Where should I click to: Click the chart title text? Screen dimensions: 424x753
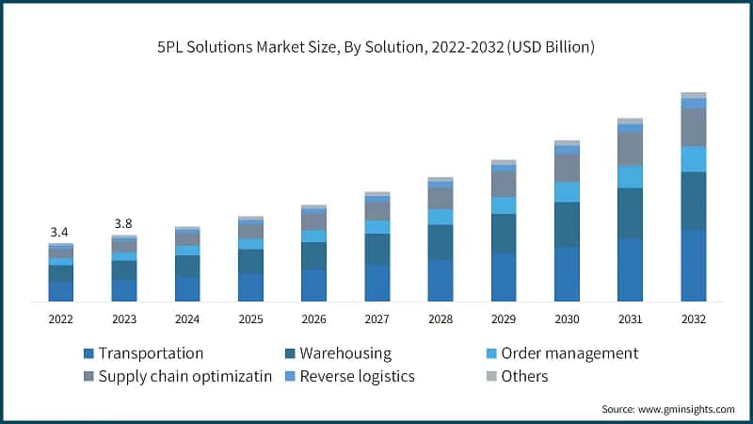point(376,46)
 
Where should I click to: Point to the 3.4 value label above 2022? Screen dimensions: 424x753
point(59,232)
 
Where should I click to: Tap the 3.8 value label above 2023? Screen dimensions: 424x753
point(123,223)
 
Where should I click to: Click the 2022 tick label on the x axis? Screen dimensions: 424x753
point(60,319)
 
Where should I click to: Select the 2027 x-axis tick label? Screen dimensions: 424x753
point(376,319)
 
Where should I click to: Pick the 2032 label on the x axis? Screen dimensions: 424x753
point(694,319)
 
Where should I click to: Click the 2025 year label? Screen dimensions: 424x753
point(250,319)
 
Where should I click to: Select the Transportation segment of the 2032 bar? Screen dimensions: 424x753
point(694,266)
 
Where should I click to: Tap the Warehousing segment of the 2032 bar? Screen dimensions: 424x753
point(694,201)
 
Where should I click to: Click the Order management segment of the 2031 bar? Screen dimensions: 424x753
point(630,176)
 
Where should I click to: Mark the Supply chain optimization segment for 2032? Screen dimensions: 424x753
point(694,127)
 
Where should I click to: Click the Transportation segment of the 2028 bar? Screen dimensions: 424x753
point(440,280)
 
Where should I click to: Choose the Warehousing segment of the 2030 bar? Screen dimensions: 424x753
point(567,224)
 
